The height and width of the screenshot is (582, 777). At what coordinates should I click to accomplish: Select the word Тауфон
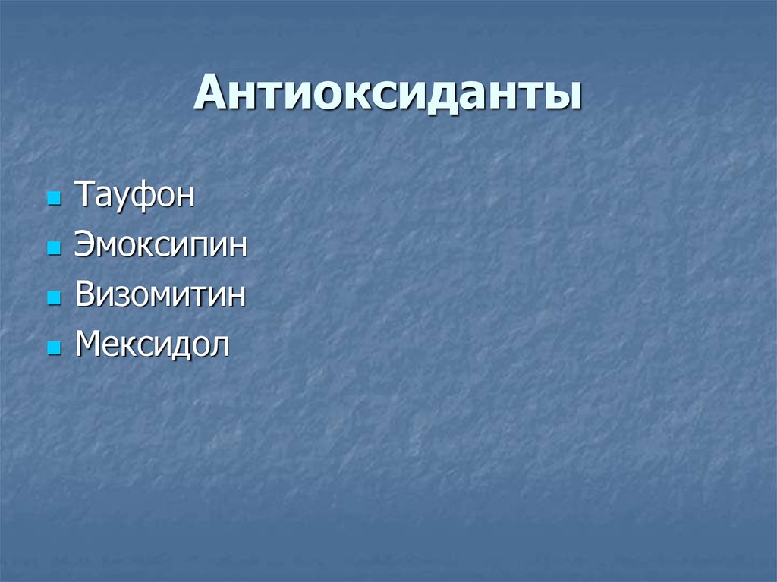pyautogui.click(x=134, y=196)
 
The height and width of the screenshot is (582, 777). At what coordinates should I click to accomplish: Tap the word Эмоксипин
pyautogui.click(x=161, y=246)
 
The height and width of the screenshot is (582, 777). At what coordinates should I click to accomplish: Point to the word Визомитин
pyautogui.click(x=160, y=295)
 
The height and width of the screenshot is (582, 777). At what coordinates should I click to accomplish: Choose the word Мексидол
pyautogui.click(x=152, y=345)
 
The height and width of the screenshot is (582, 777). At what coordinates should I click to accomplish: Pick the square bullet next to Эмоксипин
pyautogui.click(x=53, y=250)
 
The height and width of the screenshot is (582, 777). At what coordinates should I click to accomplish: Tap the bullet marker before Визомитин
pyautogui.click(x=53, y=299)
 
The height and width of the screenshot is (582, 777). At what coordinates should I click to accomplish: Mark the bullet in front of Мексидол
pyautogui.click(x=53, y=349)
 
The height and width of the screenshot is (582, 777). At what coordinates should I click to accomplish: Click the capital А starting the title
pyautogui.click(x=210, y=94)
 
